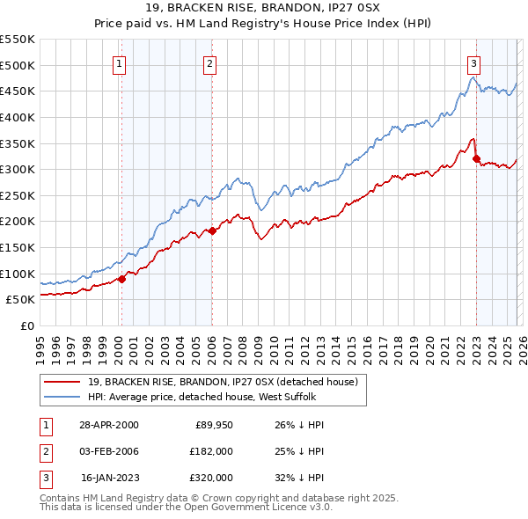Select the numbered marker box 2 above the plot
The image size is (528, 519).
[210, 63]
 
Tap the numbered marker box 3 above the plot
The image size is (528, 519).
[473, 63]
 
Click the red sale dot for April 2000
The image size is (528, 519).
[121, 279]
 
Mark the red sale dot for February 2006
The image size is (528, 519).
[212, 230]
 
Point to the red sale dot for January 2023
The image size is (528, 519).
[476, 159]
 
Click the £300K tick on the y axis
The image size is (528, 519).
[18, 169]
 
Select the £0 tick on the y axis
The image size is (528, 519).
[26, 325]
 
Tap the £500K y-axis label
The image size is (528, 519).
[18, 65]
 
